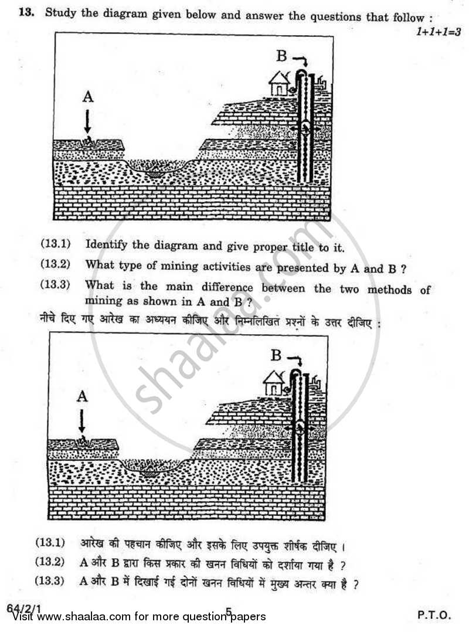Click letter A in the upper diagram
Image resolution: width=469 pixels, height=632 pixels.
point(87,97)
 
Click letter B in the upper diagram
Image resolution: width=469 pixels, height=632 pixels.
point(281,56)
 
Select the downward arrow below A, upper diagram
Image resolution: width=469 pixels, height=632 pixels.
point(87,122)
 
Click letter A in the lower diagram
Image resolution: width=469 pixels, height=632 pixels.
point(82,396)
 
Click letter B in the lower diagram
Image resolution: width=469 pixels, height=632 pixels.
point(276,355)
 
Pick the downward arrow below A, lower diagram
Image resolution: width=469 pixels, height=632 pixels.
point(82,421)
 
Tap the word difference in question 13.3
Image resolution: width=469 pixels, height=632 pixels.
point(226,288)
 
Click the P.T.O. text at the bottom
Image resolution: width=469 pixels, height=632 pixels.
point(434,615)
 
